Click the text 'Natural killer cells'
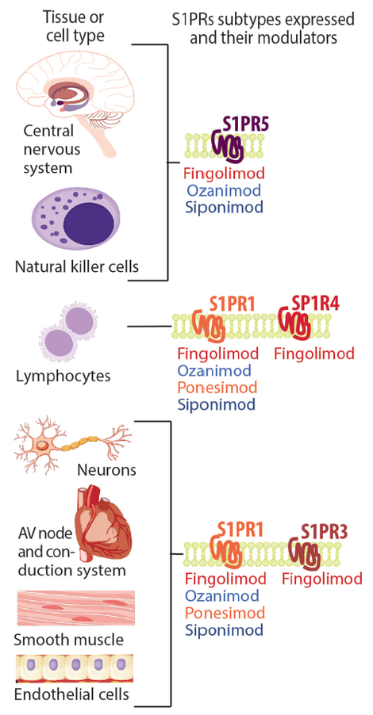coord(76,266)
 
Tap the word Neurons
coord(106,470)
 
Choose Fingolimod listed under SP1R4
coord(313,354)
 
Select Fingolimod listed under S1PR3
coord(321,579)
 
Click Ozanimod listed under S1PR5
coord(224,190)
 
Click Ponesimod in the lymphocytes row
coord(217,388)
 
